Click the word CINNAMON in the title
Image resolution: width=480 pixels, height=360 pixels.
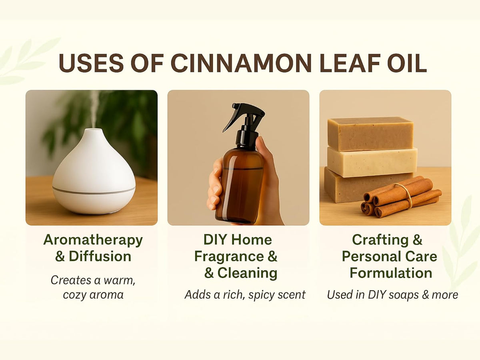(x=241, y=63)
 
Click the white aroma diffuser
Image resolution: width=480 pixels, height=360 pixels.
(x=94, y=172)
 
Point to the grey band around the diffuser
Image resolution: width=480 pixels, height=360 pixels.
(x=94, y=191)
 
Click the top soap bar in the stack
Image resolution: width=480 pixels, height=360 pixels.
(x=370, y=134)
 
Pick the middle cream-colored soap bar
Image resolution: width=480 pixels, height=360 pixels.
(x=372, y=162)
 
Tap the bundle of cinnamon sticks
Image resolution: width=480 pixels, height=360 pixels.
(x=400, y=196)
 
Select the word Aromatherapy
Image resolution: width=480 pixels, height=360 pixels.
(x=93, y=240)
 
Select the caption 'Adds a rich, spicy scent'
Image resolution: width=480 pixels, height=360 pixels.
(x=245, y=295)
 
